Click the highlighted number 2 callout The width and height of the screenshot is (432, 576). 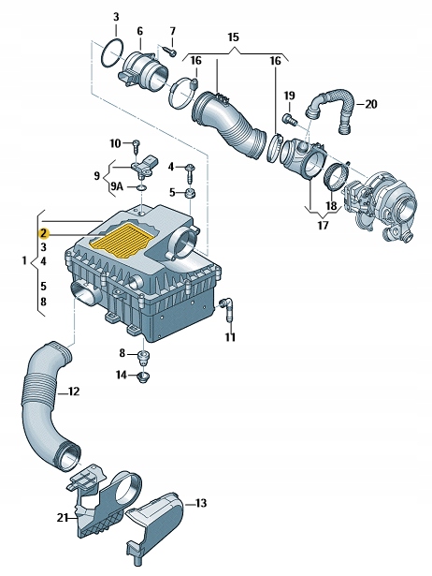tap(44, 233)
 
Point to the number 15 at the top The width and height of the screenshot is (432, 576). tap(233, 37)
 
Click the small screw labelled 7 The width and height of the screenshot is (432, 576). tap(171, 51)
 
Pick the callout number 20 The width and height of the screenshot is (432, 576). tap(371, 104)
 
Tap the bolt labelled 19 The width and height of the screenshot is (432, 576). tap(290, 119)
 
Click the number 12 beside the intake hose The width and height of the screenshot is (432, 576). tap(74, 391)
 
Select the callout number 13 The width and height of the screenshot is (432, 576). tap(201, 503)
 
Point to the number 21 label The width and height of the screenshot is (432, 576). tap(63, 518)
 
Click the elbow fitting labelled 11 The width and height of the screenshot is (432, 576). tap(228, 310)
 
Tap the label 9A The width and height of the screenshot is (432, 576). tap(117, 187)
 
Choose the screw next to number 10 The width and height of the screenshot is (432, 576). tap(136, 146)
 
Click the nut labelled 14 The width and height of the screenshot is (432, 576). tap(142, 377)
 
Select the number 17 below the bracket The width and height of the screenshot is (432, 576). tap(323, 225)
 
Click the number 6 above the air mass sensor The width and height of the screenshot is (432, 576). tap(139, 31)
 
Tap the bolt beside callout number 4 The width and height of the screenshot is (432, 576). tap(191, 174)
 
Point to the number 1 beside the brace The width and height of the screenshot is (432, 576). tap(24, 260)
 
